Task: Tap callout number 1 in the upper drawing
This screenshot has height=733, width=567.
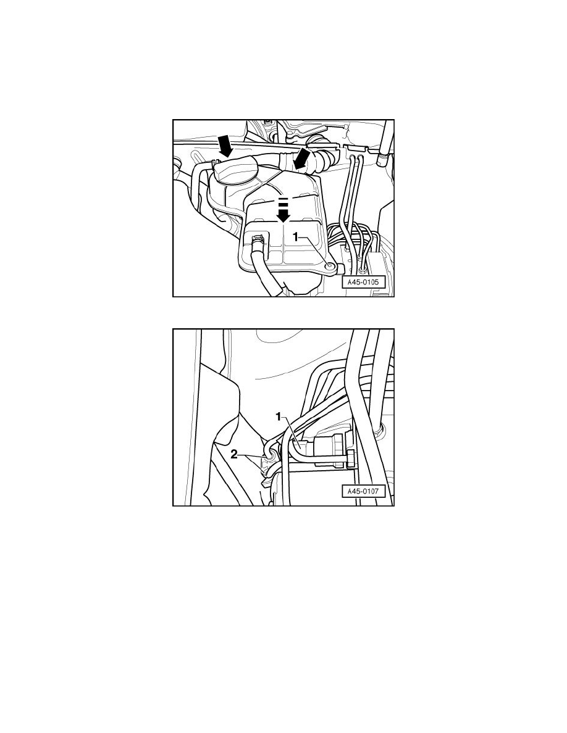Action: tap(296, 236)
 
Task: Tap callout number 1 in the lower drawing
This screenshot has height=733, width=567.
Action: tap(279, 417)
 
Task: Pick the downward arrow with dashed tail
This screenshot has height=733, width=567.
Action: tap(283, 210)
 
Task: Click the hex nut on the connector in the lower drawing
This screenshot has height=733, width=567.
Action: tap(350, 458)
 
